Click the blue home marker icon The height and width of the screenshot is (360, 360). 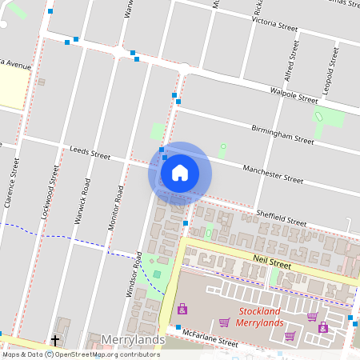tap(179, 172)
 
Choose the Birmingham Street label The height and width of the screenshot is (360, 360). tap(282, 134)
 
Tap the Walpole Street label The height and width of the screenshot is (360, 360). tap(296, 97)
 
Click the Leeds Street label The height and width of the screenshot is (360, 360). tap(90, 152)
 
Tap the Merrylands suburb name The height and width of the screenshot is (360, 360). tap(133, 339)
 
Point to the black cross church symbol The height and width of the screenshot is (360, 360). tap(55, 341)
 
